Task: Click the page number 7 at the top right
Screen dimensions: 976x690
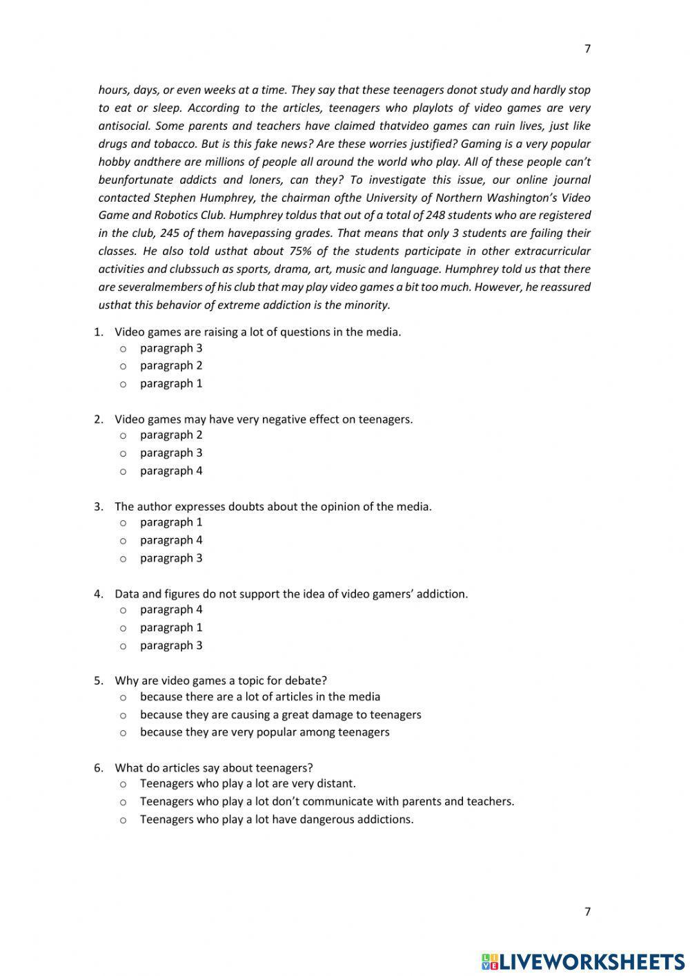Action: [x=587, y=48]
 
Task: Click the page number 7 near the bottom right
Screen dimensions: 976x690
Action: [x=587, y=911]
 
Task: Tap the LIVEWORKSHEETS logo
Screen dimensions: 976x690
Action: [x=583, y=961]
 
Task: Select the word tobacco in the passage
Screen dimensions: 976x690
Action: [x=176, y=144]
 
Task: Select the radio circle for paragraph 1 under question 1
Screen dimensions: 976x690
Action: [x=123, y=384]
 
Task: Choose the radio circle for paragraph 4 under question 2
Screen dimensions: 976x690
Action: [x=123, y=471]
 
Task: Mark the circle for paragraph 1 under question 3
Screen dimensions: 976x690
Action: [x=123, y=523]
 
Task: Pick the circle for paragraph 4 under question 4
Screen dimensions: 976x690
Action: [x=123, y=610]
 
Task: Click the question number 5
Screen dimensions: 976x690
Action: [x=99, y=680]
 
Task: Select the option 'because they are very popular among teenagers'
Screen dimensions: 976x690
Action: [x=264, y=732]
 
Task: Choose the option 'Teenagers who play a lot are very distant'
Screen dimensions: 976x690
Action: [x=248, y=783]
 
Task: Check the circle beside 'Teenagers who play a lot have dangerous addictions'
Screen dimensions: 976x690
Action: [x=123, y=820]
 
